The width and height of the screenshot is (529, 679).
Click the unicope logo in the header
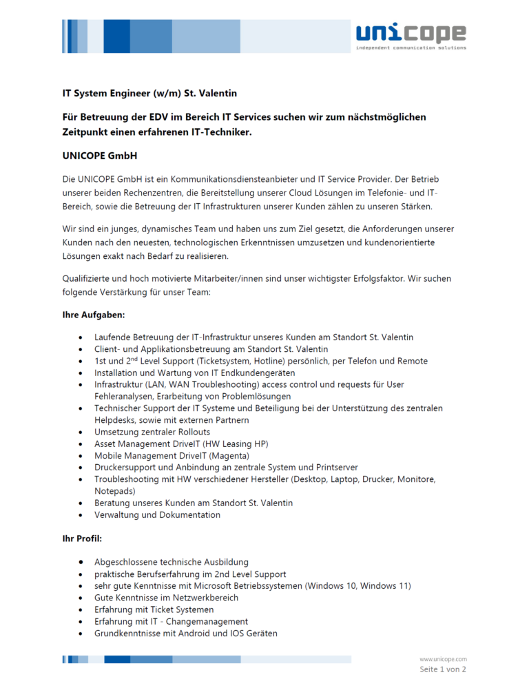pyautogui.click(x=411, y=35)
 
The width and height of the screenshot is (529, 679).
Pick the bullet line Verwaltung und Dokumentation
pyautogui.click(x=157, y=514)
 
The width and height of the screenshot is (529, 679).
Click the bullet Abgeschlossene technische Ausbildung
pyautogui.click(x=171, y=562)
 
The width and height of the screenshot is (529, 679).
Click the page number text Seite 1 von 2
pyautogui.click(x=443, y=669)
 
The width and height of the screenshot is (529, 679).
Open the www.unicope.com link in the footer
pyautogui.click(x=443, y=659)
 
